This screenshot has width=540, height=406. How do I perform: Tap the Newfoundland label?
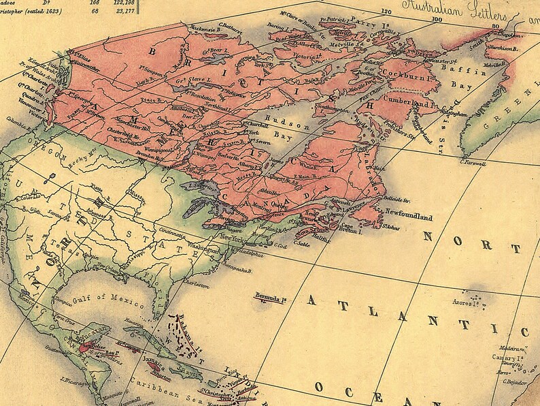(406, 217)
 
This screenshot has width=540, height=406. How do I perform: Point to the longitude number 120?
(387, 11)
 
